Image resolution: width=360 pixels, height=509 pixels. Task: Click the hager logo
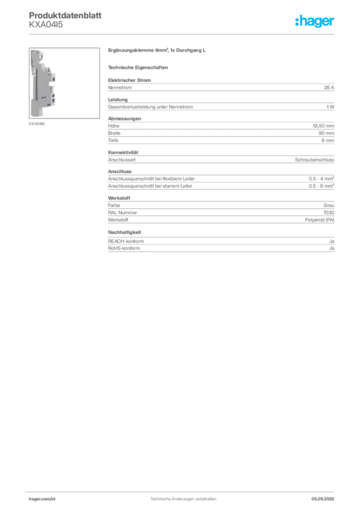pyautogui.click(x=314, y=21)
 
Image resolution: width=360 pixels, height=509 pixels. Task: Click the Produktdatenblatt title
pyautogui.click(x=65, y=15)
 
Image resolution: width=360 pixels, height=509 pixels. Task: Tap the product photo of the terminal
pyautogui.click(x=64, y=83)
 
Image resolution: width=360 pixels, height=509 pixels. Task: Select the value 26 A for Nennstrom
pyautogui.click(x=329, y=87)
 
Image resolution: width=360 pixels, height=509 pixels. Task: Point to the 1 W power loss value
pyautogui.click(x=330, y=107)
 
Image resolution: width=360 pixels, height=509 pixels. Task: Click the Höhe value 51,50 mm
pyautogui.click(x=323, y=126)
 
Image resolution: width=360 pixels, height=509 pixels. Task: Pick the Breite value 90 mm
pyautogui.click(x=326, y=133)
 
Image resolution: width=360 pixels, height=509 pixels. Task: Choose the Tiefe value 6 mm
pyautogui.click(x=328, y=140)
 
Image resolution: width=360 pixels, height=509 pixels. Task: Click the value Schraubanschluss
pyautogui.click(x=314, y=160)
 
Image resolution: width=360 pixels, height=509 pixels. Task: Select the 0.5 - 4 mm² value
pyautogui.click(x=321, y=178)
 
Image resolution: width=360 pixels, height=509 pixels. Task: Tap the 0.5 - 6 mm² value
pyautogui.click(x=321, y=186)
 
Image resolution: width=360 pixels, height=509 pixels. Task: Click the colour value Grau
pyautogui.click(x=329, y=205)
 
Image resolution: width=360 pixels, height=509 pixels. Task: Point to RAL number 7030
pyautogui.click(x=329, y=213)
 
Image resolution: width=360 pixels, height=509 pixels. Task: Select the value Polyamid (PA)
pyautogui.click(x=319, y=220)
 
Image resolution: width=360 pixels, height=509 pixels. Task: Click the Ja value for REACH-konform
pyautogui.click(x=332, y=241)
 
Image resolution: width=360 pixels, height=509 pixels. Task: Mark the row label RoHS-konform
pyautogui.click(x=124, y=249)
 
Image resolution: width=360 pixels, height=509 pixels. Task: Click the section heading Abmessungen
pyautogui.click(x=124, y=118)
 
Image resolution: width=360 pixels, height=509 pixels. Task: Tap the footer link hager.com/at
pyautogui.click(x=42, y=499)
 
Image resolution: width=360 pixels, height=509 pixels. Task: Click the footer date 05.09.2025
pyautogui.click(x=323, y=499)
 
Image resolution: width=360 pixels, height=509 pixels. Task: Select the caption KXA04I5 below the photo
pyautogui.click(x=37, y=124)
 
